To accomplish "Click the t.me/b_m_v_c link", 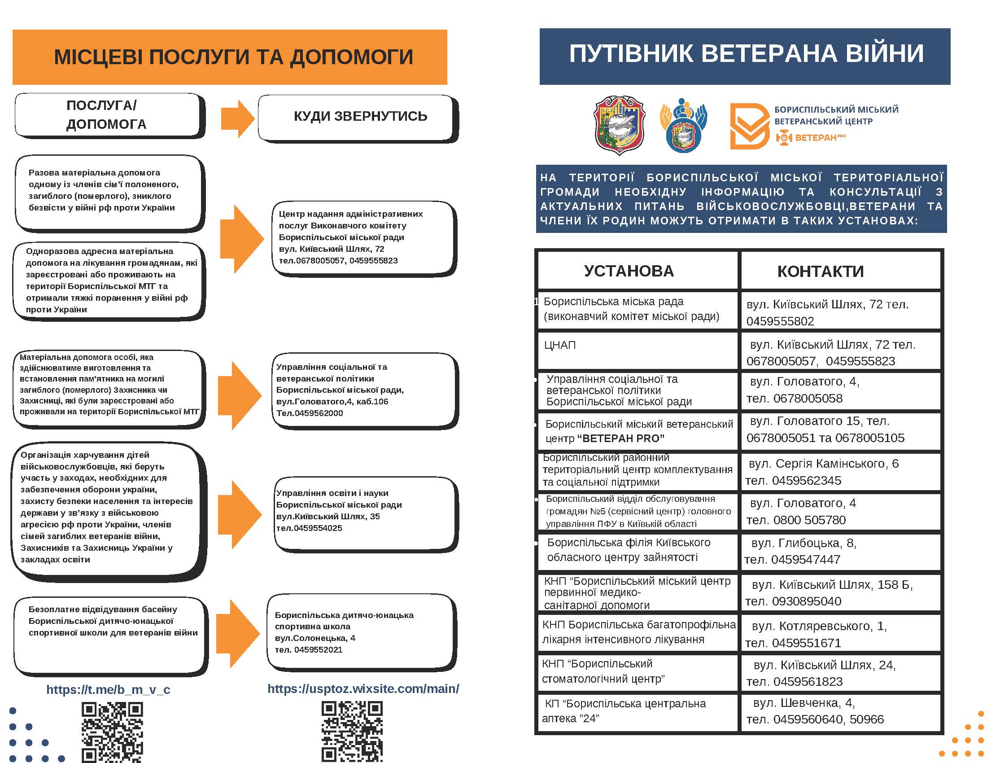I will click(108, 689).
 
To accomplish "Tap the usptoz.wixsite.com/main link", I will click(363, 688).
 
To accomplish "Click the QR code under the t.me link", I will click(112, 732).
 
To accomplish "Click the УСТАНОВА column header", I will click(629, 271).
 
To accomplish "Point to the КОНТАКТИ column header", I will click(820, 271).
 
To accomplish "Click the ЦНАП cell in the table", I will click(560, 345).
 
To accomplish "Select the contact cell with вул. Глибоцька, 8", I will click(841, 551).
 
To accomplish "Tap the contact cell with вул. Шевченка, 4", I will click(841, 711).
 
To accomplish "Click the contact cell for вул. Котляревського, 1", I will click(841, 634).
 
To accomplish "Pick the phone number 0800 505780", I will click(809, 520).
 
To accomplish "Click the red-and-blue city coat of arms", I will click(619, 125).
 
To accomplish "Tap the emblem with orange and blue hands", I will click(683, 125).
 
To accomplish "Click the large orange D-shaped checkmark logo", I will click(749, 126).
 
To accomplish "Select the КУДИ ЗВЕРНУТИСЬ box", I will click(360, 117).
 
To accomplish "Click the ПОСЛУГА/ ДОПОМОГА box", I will click(107, 115).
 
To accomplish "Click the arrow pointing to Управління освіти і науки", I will click(240, 515).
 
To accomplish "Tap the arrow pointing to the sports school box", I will click(238, 633).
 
